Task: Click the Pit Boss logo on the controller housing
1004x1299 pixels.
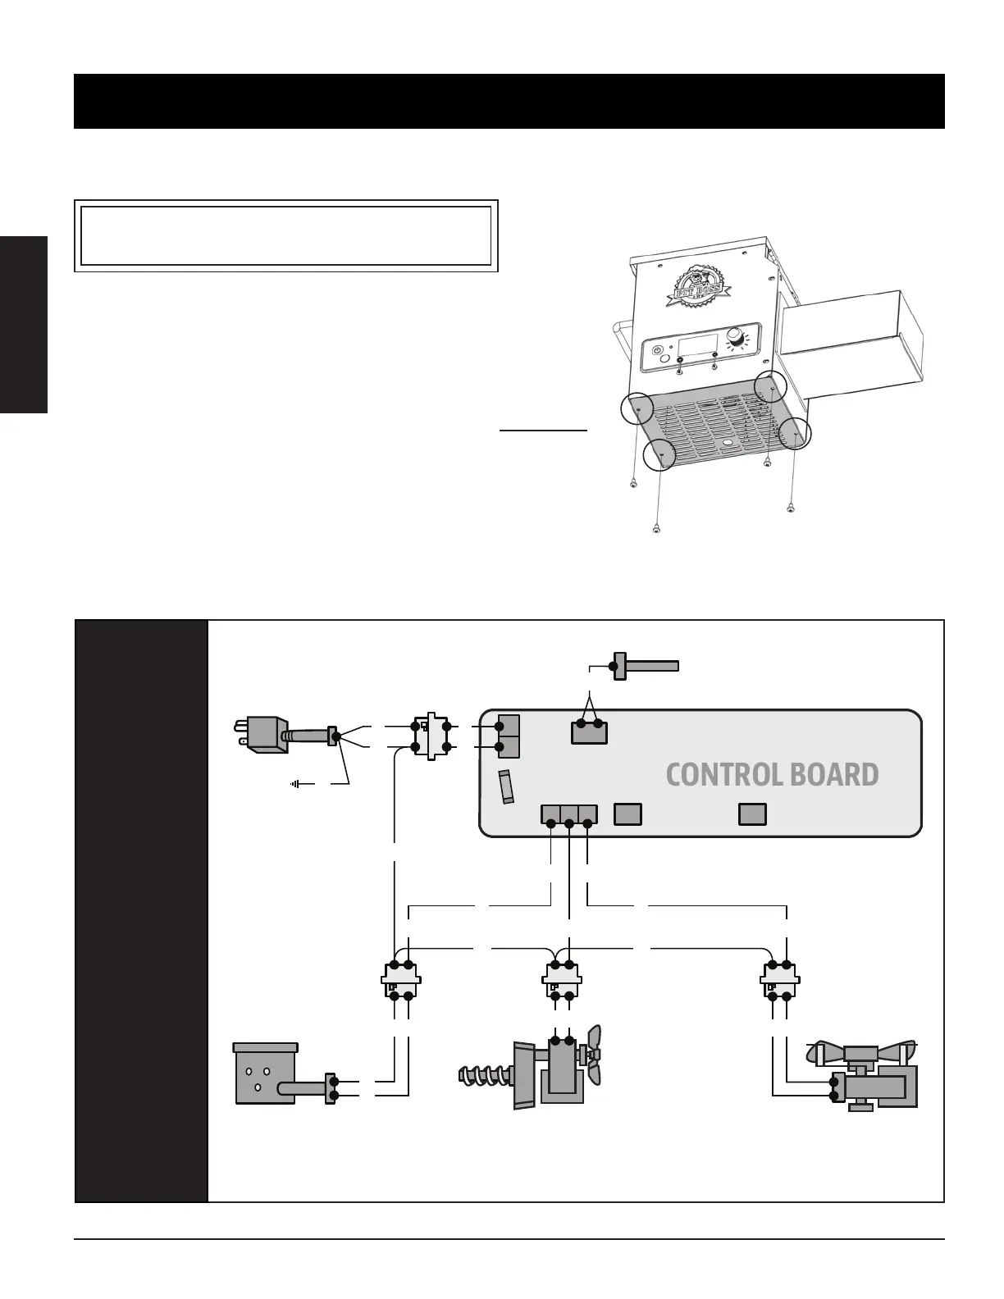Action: (x=695, y=288)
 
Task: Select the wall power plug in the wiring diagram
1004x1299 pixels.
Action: (x=260, y=732)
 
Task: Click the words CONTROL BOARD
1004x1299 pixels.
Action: (x=772, y=775)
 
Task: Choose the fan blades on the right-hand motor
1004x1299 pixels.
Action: (x=861, y=1051)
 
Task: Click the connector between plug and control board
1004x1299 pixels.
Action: (x=430, y=736)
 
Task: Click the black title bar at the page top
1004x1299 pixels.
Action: (x=509, y=101)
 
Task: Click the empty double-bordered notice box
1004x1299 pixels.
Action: (x=286, y=235)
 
